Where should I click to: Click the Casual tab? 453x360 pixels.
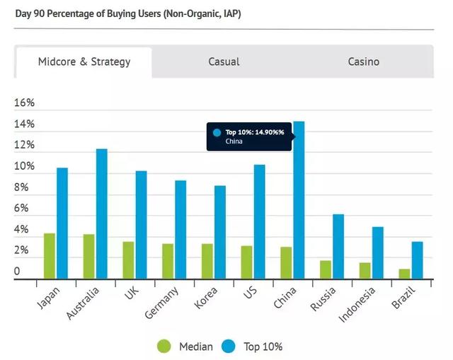(224, 62)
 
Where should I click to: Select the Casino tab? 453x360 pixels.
(363, 62)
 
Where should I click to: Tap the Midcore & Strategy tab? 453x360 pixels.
(84, 62)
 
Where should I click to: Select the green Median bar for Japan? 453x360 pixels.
(49, 256)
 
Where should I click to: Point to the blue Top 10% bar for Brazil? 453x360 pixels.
(418, 260)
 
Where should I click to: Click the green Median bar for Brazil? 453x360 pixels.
(404, 274)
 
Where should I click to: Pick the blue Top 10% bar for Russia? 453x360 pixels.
(338, 246)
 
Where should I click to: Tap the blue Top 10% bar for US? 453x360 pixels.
(260, 221)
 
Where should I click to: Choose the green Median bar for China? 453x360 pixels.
(286, 262)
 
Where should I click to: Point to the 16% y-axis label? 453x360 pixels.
(24, 103)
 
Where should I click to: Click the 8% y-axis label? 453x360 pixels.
(23, 187)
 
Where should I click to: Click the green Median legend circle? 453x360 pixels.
(164, 346)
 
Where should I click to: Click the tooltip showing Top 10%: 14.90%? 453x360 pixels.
(249, 136)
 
